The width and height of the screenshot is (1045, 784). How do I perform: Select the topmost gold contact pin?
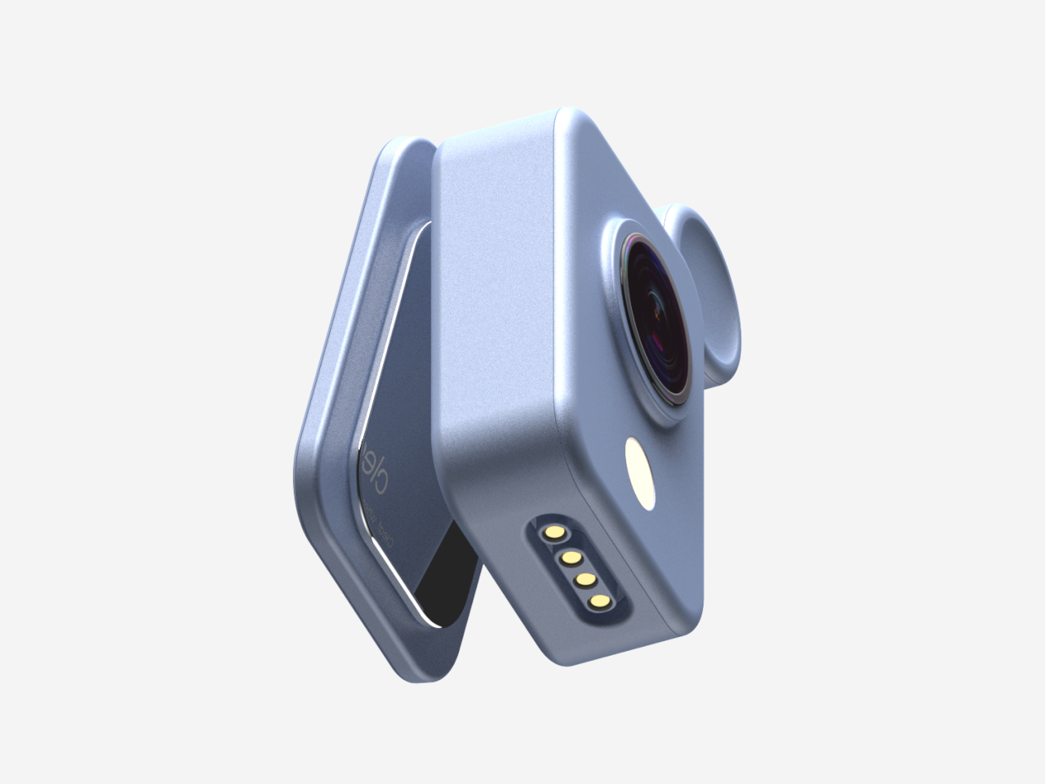[555, 532]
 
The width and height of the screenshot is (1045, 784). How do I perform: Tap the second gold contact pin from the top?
[570, 558]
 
